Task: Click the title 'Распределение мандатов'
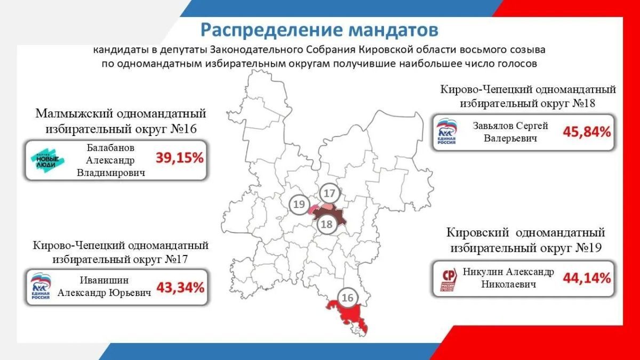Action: pos(319,30)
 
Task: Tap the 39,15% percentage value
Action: pos(179,158)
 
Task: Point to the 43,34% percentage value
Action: pos(180,287)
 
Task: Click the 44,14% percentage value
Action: pos(587,278)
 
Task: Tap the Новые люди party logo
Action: pos(47,161)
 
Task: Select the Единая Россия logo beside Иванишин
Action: pos(41,286)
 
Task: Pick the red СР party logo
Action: pos(449,279)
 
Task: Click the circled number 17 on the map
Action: pos(330,194)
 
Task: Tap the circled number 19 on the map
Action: pos(299,204)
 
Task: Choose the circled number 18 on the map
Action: pos(327,225)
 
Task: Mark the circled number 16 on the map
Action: pos(347,298)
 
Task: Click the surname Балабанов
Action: pos(110,148)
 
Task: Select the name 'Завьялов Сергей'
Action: pos(510,125)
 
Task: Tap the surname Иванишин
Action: pos(105,280)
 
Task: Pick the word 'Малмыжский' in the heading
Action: pos(74,114)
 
